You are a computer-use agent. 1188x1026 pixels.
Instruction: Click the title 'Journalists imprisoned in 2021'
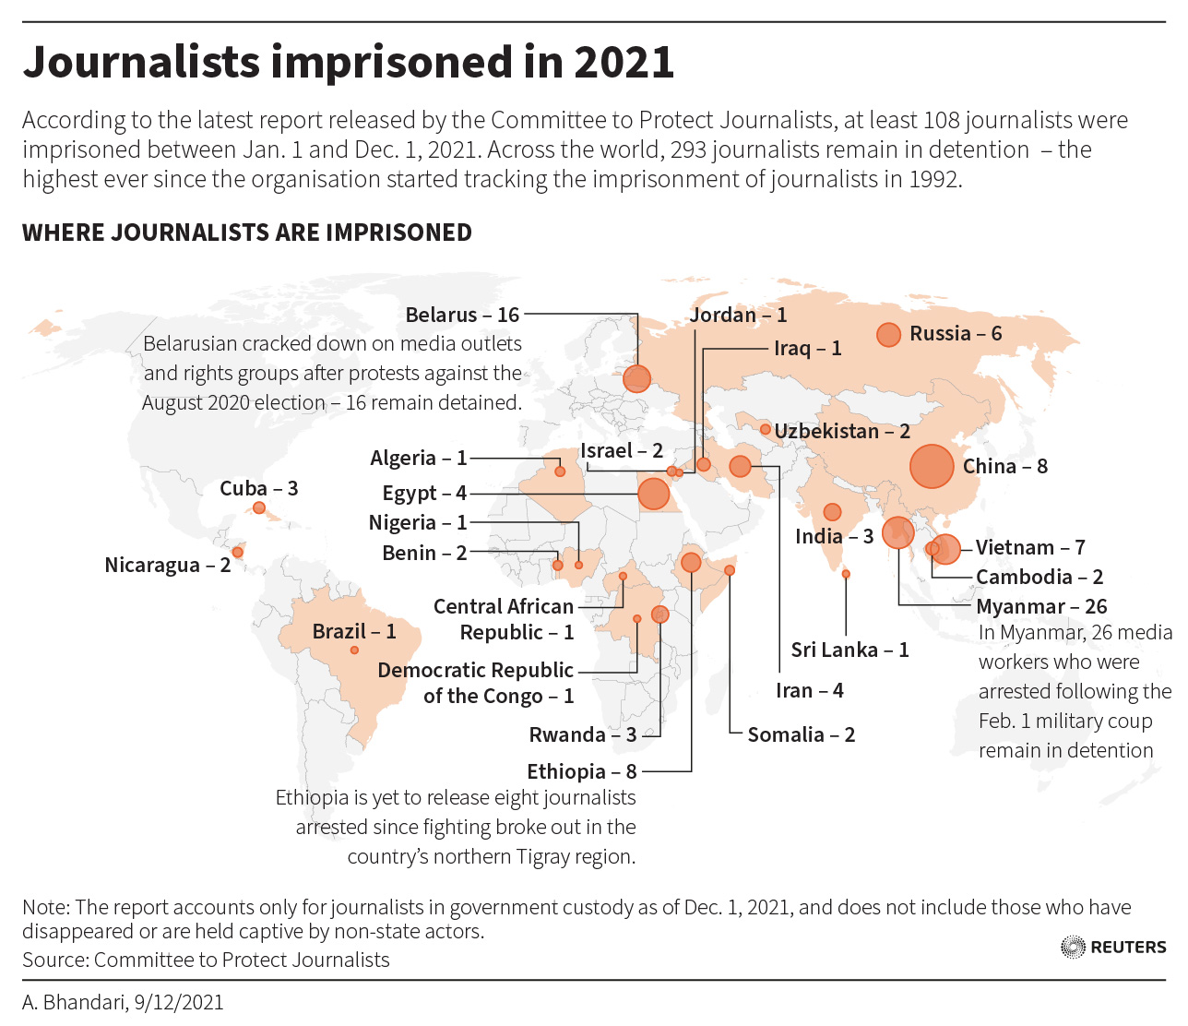click(x=348, y=62)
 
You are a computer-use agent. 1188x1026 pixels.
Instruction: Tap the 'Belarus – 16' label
click(x=462, y=315)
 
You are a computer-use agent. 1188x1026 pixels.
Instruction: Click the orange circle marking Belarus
click(x=636, y=378)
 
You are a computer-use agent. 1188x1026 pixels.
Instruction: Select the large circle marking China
click(x=932, y=466)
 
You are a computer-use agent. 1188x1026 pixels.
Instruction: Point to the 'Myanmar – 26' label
click(x=1041, y=606)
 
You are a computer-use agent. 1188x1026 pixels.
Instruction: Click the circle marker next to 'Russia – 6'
click(x=888, y=335)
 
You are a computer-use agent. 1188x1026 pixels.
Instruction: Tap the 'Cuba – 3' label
click(x=258, y=488)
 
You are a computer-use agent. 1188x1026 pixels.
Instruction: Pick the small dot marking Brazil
click(x=354, y=650)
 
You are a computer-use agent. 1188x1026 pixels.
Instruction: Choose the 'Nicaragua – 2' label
click(x=167, y=565)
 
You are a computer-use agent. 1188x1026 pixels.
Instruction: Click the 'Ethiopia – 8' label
click(x=581, y=771)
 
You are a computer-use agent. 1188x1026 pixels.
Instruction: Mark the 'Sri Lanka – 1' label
click(x=849, y=650)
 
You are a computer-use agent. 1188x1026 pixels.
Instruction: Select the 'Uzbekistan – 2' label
click(x=842, y=431)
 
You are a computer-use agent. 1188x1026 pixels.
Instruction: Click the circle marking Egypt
click(x=653, y=494)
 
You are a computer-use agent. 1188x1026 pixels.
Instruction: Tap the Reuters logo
click(x=1113, y=947)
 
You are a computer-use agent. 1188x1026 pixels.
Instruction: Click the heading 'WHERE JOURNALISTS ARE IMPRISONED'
click(x=247, y=233)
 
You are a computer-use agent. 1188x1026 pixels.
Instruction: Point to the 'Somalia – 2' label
click(x=801, y=734)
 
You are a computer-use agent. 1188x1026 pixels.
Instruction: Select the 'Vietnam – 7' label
click(x=1030, y=547)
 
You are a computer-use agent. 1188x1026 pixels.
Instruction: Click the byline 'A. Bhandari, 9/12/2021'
click(x=123, y=1002)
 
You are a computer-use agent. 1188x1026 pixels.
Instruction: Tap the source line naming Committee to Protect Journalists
click(x=206, y=960)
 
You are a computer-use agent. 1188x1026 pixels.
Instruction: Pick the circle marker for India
click(x=832, y=511)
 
